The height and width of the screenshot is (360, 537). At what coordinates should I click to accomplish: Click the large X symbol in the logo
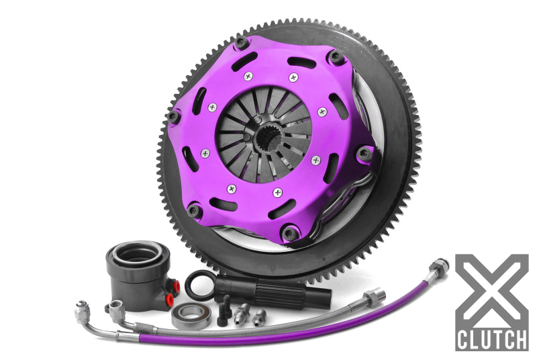(491, 290)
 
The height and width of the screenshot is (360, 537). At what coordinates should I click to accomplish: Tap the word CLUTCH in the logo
(491, 339)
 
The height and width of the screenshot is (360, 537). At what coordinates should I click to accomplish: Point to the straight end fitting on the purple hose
(372, 296)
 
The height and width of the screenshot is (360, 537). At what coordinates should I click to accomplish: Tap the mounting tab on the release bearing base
(117, 308)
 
